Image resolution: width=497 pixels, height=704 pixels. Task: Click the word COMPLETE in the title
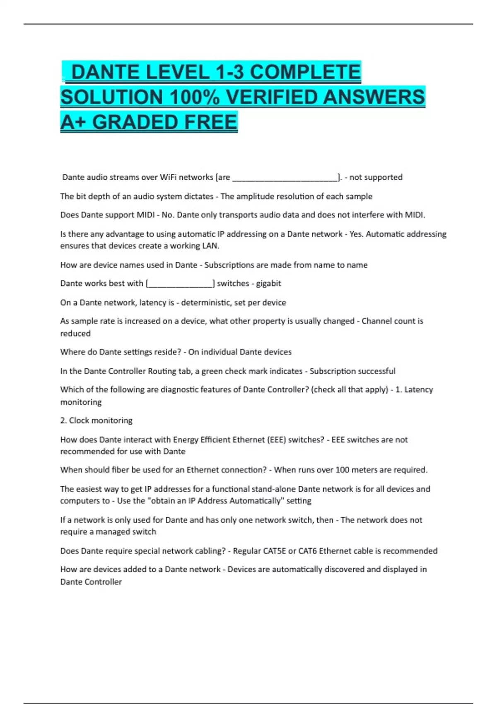point(305,72)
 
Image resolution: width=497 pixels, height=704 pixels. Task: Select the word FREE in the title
point(211,122)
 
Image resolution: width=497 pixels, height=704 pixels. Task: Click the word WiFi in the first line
point(168,177)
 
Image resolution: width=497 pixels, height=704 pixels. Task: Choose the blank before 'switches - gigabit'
point(180,284)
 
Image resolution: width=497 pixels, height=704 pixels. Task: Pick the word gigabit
point(268,284)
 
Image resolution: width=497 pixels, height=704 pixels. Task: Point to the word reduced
point(75,333)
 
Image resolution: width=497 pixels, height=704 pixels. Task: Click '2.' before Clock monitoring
point(63,421)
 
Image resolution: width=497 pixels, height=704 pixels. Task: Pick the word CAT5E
point(275,551)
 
